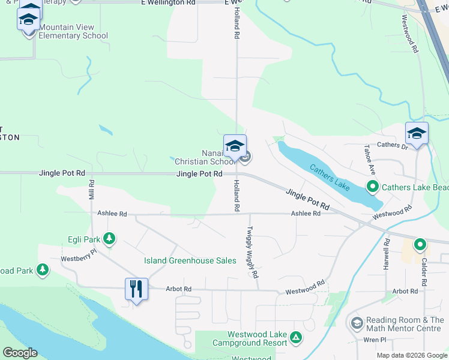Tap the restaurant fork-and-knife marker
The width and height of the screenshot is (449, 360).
point(136,289)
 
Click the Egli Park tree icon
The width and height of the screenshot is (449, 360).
point(109,239)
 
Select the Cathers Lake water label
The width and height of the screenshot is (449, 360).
point(330,176)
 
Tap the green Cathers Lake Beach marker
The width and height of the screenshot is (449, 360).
point(373,187)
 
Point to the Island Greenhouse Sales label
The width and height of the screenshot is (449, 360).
point(190,260)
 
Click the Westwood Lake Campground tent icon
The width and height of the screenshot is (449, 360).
point(295,338)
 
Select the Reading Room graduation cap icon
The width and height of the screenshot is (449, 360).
point(357,324)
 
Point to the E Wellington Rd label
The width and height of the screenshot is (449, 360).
point(169,3)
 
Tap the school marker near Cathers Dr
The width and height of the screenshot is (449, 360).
point(417,133)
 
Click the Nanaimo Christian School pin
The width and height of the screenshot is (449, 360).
point(235,146)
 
